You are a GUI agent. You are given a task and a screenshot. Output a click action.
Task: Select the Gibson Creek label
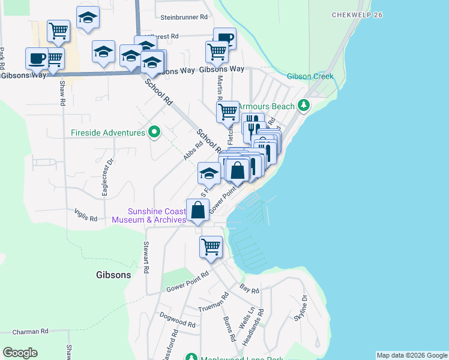coord(310,76)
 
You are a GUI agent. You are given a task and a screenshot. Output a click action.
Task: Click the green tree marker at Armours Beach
coord(304,106)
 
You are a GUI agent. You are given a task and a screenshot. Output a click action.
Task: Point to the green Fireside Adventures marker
coord(154,131)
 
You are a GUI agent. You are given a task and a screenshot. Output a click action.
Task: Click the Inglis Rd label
coord(86,217)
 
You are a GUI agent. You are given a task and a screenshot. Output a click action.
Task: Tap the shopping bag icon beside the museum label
coord(197,211)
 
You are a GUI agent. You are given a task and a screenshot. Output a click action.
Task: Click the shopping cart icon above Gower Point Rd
coord(211,247)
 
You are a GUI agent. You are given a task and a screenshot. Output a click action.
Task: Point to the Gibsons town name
coord(113,275)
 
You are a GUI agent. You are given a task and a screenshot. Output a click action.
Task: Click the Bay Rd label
coord(249,290)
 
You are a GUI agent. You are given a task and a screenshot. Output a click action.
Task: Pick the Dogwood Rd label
coord(178,324)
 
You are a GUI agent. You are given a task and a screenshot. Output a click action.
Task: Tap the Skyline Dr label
coord(300,309)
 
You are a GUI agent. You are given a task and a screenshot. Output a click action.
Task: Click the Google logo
coord(20,353)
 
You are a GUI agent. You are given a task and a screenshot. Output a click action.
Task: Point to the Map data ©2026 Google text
coord(412,355)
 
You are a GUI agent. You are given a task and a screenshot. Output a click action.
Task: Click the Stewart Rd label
coord(146,257)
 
